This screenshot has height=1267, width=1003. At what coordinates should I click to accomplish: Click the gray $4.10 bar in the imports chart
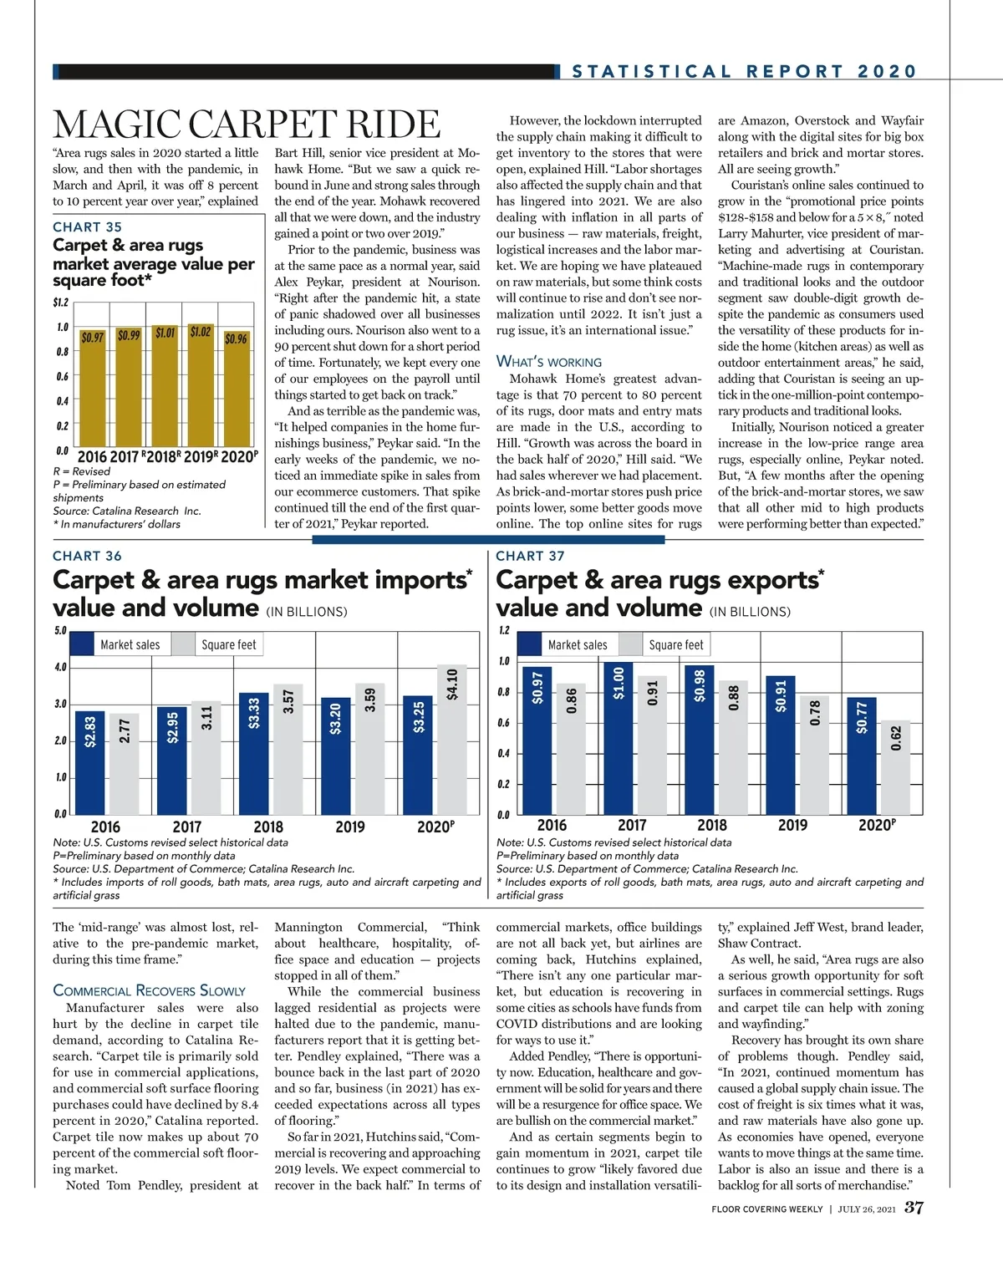click(452, 740)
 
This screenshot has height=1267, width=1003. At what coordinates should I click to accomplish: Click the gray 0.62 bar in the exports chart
click(896, 767)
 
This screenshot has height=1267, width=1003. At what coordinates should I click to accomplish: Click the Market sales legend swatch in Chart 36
click(82, 644)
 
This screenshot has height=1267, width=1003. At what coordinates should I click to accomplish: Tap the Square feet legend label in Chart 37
click(676, 644)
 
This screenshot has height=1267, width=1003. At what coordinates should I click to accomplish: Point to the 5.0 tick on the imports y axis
click(60, 631)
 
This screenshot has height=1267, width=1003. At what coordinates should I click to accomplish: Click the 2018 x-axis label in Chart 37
click(712, 826)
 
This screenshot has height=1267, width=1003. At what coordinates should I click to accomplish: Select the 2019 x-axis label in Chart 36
click(349, 827)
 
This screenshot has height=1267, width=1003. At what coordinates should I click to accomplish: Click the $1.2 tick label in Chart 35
click(60, 303)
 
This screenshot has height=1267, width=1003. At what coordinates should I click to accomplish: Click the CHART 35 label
click(87, 227)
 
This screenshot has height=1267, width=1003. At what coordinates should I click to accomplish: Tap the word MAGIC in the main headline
click(116, 125)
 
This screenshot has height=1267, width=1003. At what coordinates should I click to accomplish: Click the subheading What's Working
click(548, 362)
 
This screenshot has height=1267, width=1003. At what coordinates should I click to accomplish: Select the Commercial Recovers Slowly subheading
click(149, 990)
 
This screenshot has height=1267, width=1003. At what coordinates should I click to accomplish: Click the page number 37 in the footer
click(914, 1208)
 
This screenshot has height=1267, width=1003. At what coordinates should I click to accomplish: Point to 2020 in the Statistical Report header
click(887, 72)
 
